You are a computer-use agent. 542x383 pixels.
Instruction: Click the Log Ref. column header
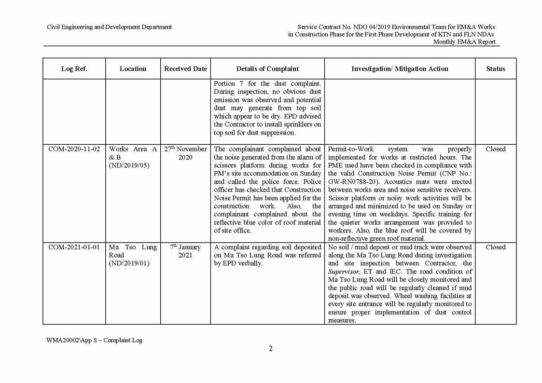(74, 69)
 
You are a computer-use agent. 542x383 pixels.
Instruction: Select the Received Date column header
(185, 69)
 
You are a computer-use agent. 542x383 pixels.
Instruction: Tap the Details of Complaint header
(267, 69)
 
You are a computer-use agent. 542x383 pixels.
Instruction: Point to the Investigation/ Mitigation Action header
(400, 69)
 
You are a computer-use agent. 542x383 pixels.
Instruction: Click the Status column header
(495, 69)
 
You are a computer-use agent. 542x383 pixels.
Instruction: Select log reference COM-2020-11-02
(74, 150)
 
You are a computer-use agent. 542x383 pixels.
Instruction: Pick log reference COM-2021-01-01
(74, 247)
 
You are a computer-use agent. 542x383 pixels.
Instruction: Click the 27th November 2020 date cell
(185, 153)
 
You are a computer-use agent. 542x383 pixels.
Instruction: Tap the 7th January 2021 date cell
(185, 251)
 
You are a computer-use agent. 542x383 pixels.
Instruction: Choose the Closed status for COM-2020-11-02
(495, 150)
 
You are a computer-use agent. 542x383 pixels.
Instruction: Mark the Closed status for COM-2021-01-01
(495, 247)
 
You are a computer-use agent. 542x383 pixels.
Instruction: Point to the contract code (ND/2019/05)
(129, 165)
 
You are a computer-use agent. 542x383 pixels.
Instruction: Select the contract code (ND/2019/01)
(129, 263)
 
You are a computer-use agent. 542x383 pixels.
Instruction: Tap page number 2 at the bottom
(271, 349)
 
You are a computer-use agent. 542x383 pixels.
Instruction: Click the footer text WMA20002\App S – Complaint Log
(94, 340)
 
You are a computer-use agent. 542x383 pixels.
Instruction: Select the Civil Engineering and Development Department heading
(109, 27)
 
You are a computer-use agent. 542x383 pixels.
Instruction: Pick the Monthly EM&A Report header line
(464, 42)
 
